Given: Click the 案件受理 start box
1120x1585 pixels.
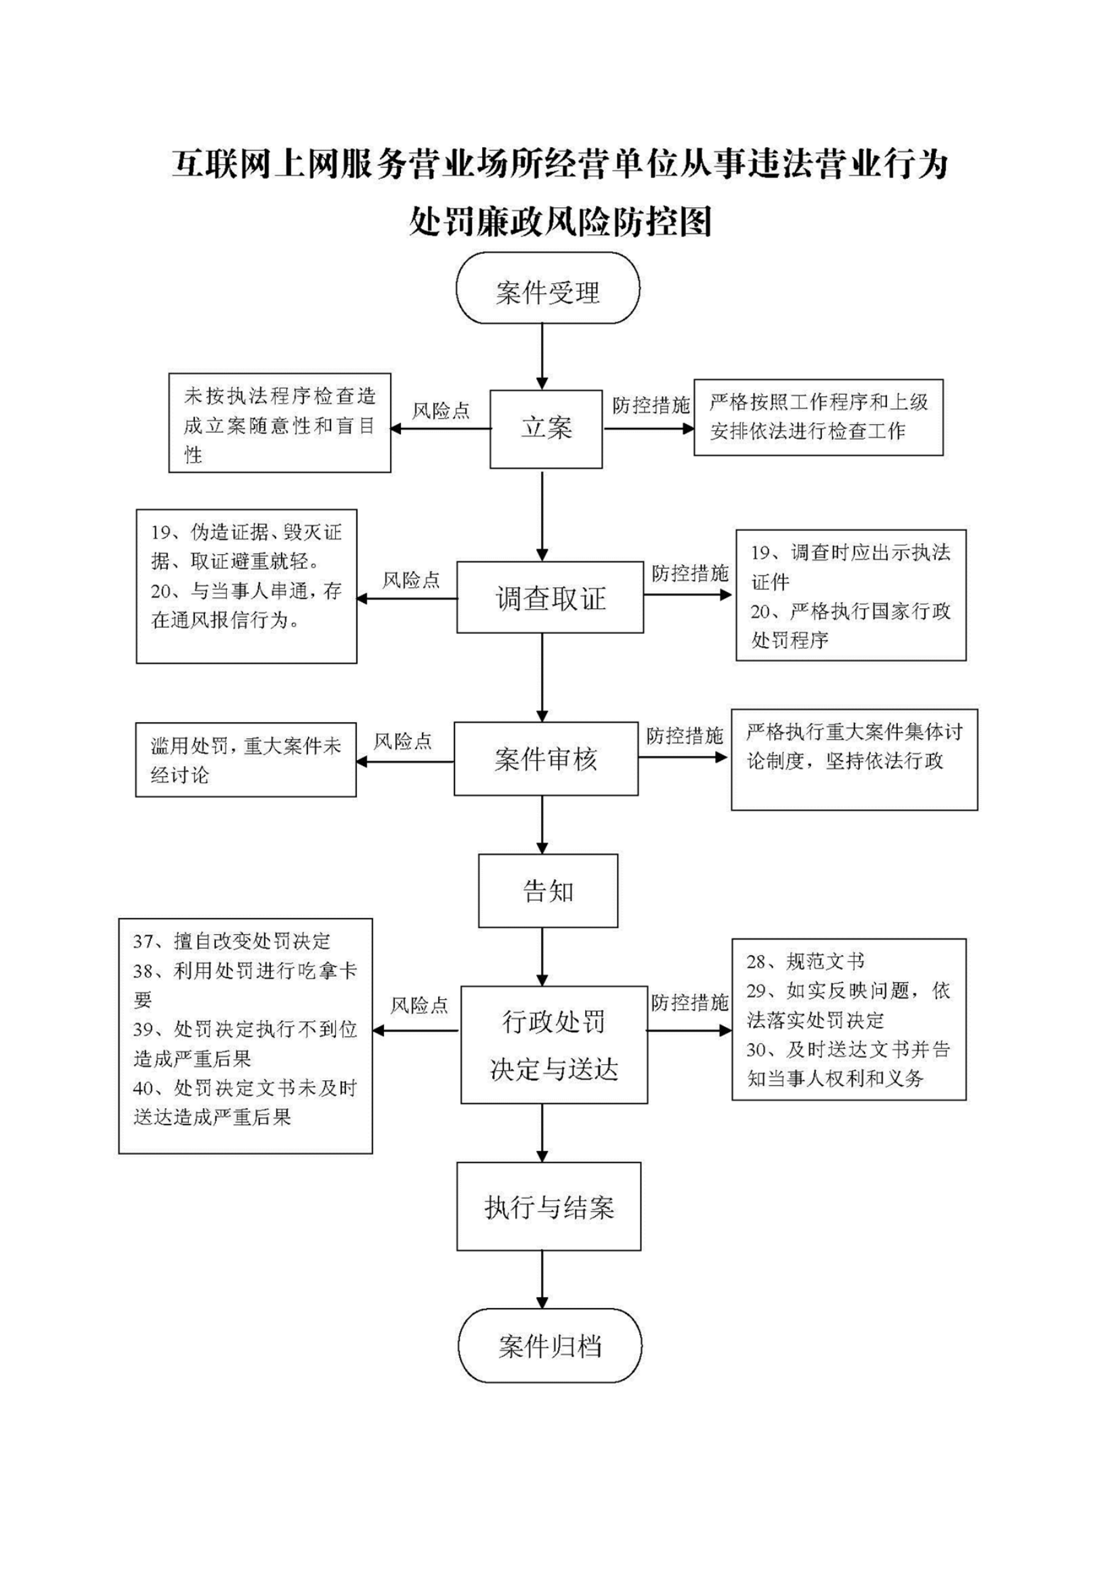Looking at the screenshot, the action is [547, 288].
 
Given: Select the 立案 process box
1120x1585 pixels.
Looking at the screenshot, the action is [546, 429].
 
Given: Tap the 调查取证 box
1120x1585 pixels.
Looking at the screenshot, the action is [550, 597].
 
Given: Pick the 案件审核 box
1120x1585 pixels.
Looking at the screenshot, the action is [546, 759].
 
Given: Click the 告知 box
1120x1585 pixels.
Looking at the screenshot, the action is [548, 891].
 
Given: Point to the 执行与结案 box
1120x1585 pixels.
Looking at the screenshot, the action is [548, 1206].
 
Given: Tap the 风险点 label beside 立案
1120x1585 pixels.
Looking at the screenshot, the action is [441, 410].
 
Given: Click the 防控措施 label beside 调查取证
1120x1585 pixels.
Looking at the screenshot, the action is [690, 573].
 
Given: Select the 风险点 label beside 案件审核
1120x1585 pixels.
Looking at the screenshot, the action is [402, 742].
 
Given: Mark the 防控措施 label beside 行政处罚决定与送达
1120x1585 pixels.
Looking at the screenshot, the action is [690, 1002].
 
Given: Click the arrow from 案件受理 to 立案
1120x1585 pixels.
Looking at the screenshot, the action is [542, 357].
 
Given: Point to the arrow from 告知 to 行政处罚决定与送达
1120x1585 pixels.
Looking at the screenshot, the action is [542, 957].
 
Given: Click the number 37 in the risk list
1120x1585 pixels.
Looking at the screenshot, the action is [143, 942].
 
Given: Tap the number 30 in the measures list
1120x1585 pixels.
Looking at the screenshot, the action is [756, 1050].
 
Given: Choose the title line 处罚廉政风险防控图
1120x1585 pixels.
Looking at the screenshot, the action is [561, 222].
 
